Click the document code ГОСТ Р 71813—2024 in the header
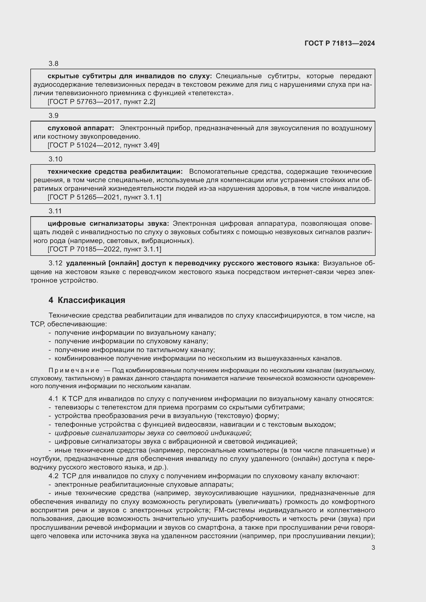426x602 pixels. [x=339, y=43]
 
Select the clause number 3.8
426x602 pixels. [x=54, y=64]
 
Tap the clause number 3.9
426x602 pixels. [x=54, y=115]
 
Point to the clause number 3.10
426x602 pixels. [x=55, y=159]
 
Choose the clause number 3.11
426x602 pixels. [x=55, y=211]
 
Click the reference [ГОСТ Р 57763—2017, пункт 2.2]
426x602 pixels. [x=101, y=102]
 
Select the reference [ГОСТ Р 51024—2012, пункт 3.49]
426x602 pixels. [x=103, y=145]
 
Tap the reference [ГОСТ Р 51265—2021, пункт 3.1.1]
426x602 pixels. [x=104, y=197]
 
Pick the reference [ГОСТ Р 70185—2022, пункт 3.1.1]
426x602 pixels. [x=104, y=249]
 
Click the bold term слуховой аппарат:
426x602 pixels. [x=81, y=128]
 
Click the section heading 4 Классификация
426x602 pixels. [x=87, y=300]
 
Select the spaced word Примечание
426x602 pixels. [x=74, y=370]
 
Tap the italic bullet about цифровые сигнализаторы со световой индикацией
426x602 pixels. [x=152, y=433]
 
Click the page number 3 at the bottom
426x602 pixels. [x=373, y=547]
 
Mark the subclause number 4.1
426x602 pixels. [x=53, y=399]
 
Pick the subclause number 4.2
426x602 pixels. [x=53, y=476]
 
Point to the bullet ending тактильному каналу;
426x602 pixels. [x=134, y=350]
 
